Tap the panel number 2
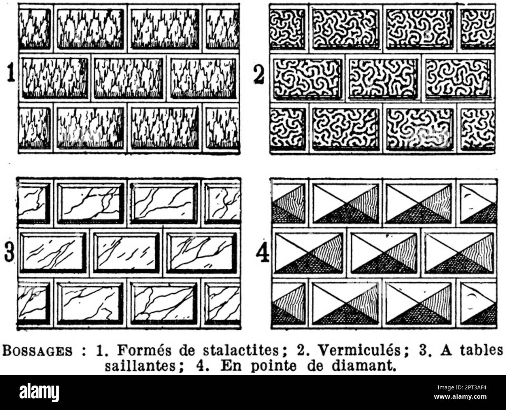pyautogui.click(x=259, y=74)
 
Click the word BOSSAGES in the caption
pyautogui.click(x=37, y=350)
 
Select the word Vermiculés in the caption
pyautogui.click(x=359, y=350)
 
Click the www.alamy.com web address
pyautogui.click(x=460, y=397)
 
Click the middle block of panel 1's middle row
pyautogui.click(x=129, y=78)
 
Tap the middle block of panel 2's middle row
pyautogui.click(x=383, y=79)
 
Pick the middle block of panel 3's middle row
pyautogui.click(x=126, y=252)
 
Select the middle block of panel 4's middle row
pyautogui.click(x=384, y=252)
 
